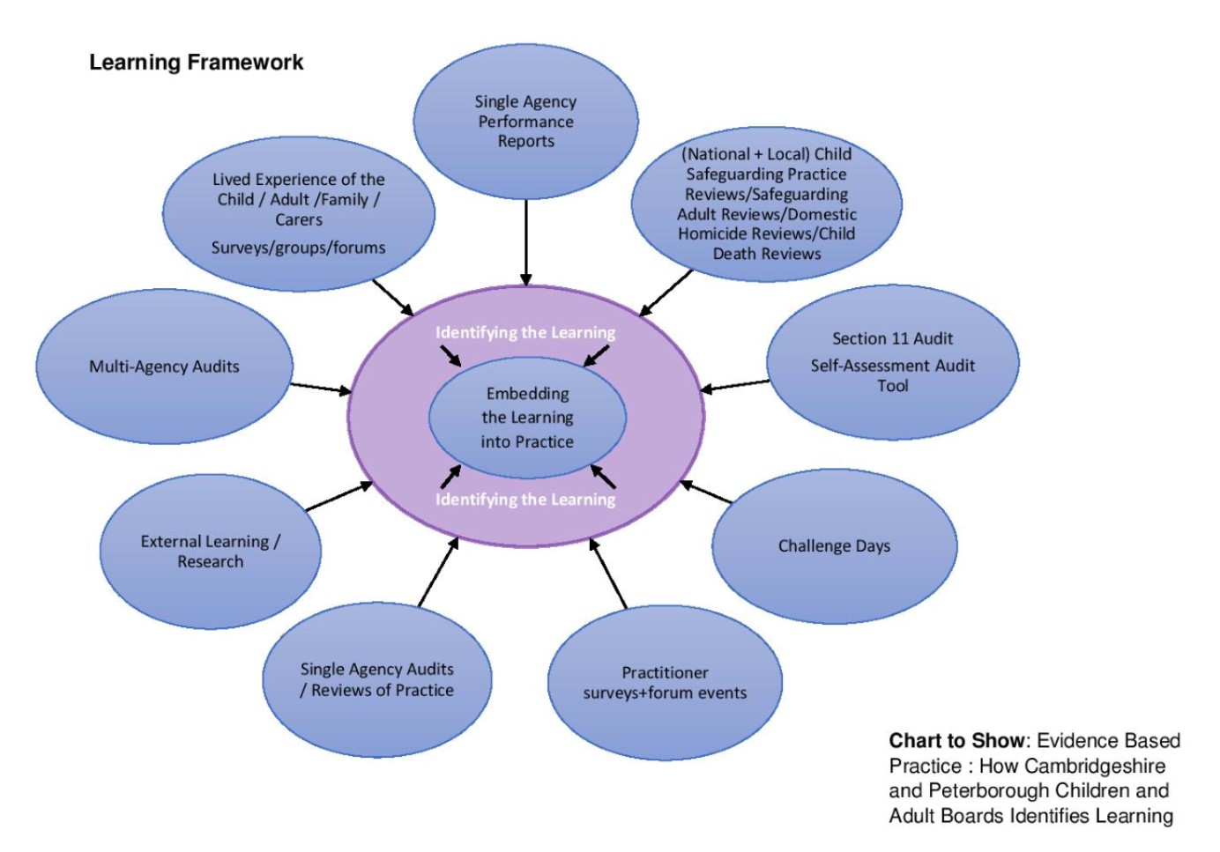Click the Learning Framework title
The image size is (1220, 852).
pyautogui.click(x=196, y=63)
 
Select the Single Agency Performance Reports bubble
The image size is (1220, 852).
pyautogui.click(x=525, y=122)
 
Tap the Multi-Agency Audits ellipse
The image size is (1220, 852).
pyautogui.click(x=164, y=367)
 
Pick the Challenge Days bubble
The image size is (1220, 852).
pyautogui.click(x=834, y=546)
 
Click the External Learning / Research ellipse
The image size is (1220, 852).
pyautogui.click(x=210, y=552)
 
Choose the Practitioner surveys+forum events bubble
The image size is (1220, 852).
pyautogui.click(x=665, y=683)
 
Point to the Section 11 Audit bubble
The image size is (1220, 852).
pyautogui.click(x=892, y=362)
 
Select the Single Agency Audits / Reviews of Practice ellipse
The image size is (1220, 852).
pyautogui.click(x=376, y=680)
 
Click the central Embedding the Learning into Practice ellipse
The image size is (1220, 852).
pyautogui.click(x=527, y=418)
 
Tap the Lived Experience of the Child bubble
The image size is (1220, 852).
pyautogui.click(x=298, y=214)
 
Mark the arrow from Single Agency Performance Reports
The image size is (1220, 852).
pyautogui.click(x=526, y=242)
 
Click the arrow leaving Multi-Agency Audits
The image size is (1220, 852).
pyautogui.click(x=321, y=388)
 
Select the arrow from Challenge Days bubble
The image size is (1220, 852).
pyautogui.click(x=706, y=493)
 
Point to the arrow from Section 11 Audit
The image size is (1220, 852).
pyautogui.click(x=735, y=385)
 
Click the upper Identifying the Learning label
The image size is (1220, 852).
pyautogui.click(x=525, y=332)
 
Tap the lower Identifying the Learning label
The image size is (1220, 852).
pyautogui.click(x=525, y=500)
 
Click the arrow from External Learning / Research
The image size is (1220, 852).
pyautogui.click(x=338, y=496)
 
